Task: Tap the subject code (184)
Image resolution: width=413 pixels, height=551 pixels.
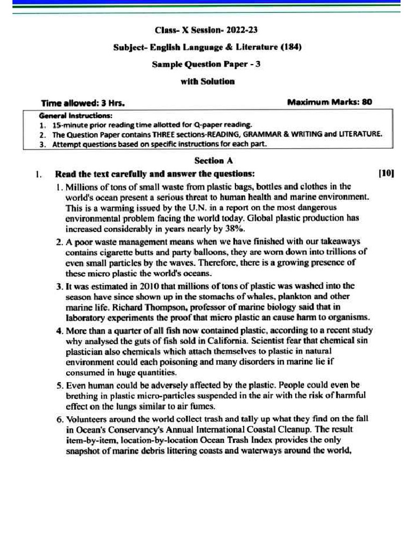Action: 291,47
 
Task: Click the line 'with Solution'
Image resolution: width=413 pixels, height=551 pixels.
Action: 207,81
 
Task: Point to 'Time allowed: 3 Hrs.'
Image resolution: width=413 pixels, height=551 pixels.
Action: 83,102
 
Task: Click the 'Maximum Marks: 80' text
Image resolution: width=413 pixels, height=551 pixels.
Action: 330,102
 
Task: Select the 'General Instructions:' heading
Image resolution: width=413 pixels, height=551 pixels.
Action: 76,115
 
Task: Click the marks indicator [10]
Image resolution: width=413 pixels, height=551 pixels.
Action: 386,173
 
